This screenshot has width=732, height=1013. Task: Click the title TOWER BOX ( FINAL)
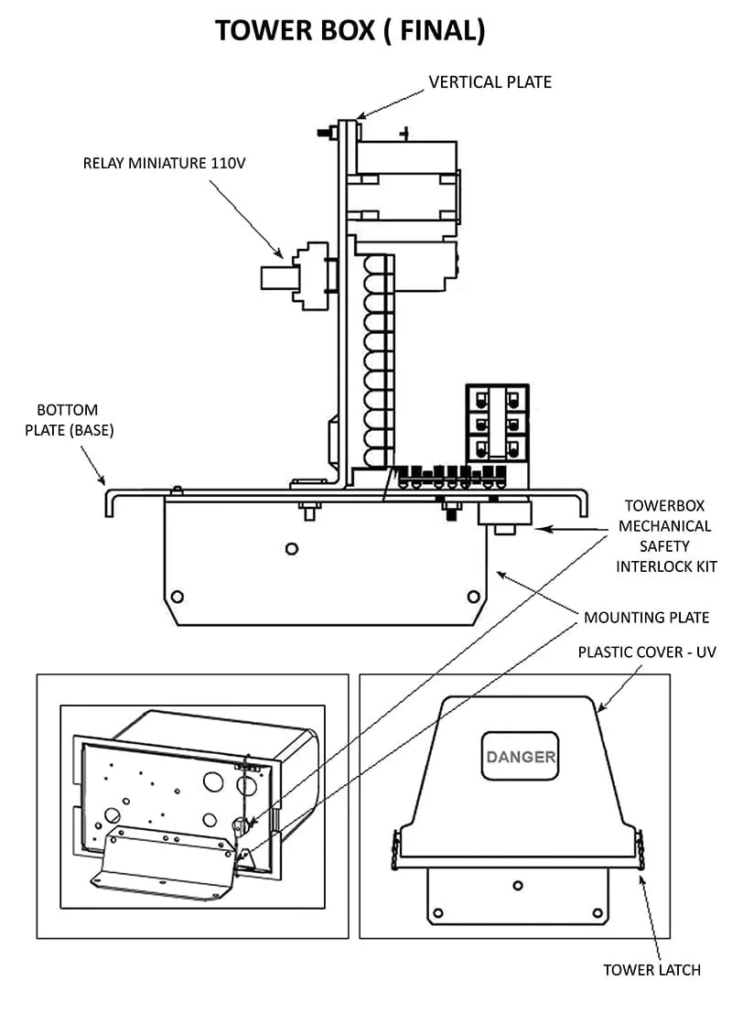pyautogui.click(x=350, y=30)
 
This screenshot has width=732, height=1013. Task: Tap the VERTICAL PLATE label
pyautogui.click(x=490, y=82)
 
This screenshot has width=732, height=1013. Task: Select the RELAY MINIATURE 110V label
pyautogui.click(x=165, y=164)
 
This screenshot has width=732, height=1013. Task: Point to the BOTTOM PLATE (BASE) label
pyautogui.click(x=69, y=420)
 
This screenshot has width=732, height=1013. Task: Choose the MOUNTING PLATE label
pyautogui.click(x=646, y=618)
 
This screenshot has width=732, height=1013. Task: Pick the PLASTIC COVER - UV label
pyautogui.click(x=647, y=652)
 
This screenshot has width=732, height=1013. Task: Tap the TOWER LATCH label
pyautogui.click(x=651, y=969)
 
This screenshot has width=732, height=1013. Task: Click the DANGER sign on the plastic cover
pyautogui.click(x=520, y=757)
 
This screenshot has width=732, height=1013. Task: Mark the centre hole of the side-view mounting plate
pyautogui.click(x=291, y=549)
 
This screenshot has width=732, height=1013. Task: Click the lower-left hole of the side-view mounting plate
pyautogui.click(x=178, y=597)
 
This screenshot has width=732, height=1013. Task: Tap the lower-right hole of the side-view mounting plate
pyautogui.click(x=473, y=597)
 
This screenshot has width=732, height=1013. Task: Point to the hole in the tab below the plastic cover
pyautogui.click(x=519, y=885)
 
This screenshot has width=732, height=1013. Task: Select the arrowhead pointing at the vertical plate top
pyautogui.click(x=361, y=116)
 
